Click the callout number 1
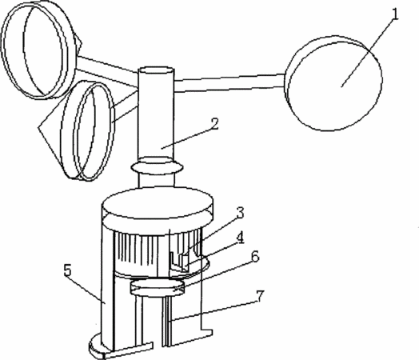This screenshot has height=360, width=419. (395, 14)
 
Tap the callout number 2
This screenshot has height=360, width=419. (214, 124)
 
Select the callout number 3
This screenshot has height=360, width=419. (240, 213)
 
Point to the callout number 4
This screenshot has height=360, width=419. (241, 238)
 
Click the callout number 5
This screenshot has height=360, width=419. (68, 270)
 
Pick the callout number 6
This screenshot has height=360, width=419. (255, 257)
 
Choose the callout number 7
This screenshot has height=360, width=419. (260, 295)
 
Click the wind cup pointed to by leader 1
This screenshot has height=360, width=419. (333, 83)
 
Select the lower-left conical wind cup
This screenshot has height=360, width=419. (78, 131)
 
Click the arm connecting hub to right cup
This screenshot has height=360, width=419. (229, 83)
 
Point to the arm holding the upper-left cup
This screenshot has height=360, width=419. (107, 71)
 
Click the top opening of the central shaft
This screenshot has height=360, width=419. (156, 70)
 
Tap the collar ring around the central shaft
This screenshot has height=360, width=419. (158, 166)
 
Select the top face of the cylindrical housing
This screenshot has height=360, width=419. (158, 202)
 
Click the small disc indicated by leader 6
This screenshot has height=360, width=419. (157, 287)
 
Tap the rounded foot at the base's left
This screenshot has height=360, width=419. (96, 346)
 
